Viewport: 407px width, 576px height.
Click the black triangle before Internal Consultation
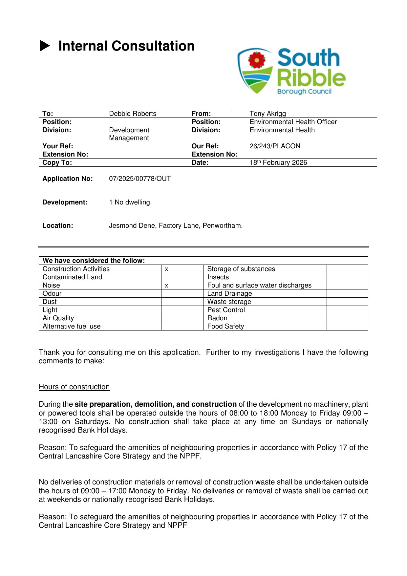click(45, 46)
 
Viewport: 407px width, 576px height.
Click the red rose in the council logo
click(256, 59)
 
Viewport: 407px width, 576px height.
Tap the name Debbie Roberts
click(133, 114)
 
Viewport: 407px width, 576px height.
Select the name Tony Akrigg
click(268, 114)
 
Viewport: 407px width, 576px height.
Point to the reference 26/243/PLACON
click(275, 146)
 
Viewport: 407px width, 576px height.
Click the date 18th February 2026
click(278, 163)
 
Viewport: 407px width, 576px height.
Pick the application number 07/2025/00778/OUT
click(140, 179)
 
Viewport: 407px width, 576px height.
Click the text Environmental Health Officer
click(293, 122)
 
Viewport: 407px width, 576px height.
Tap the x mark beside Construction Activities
click(167, 269)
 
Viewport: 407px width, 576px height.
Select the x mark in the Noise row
click(167, 286)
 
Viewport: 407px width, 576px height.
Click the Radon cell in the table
click(217, 318)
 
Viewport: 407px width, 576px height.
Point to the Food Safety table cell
click(225, 327)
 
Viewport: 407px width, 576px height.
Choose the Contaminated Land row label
click(72, 277)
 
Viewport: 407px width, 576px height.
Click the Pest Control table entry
click(226, 310)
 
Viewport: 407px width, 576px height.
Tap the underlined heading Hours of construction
click(74, 387)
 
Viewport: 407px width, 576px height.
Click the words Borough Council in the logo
click(304, 92)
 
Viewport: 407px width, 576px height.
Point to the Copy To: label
click(57, 163)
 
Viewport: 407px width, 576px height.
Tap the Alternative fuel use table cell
click(72, 327)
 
